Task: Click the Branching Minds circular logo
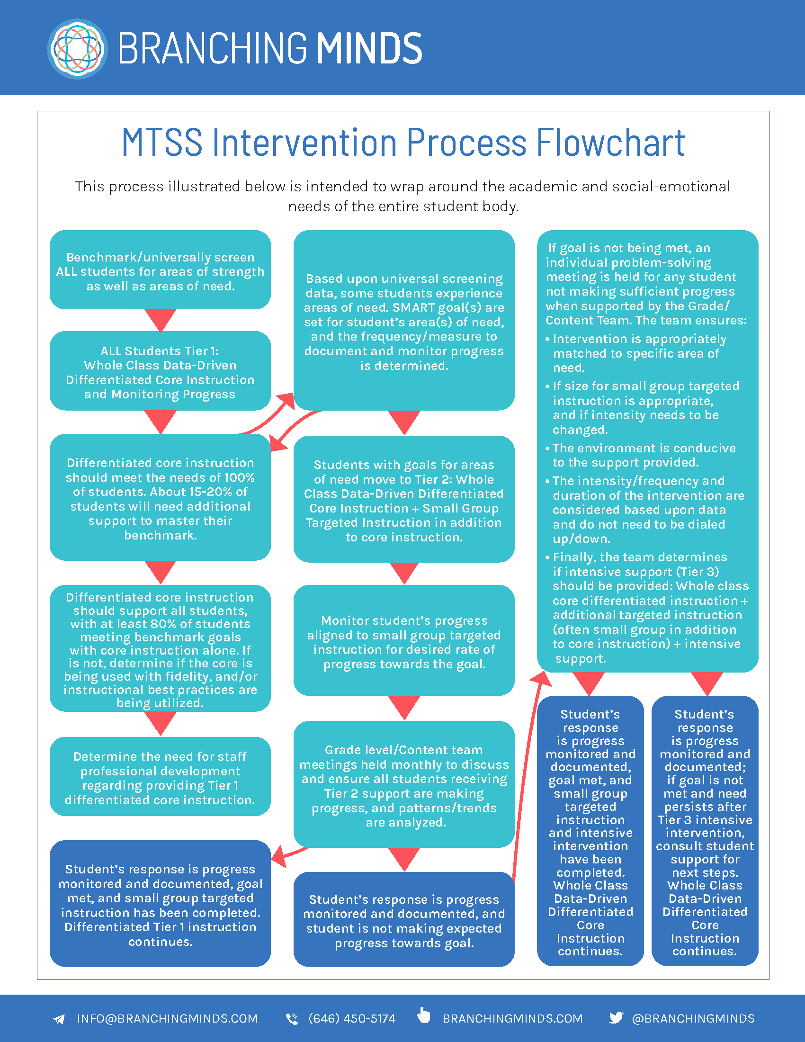(77, 49)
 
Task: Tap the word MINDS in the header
(369, 49)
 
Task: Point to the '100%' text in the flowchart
(240, 477)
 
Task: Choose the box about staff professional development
(160, 777)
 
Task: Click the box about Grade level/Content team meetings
(404, 785)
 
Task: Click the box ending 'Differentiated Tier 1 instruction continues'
(160, 904)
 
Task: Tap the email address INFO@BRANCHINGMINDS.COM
(167, 1019)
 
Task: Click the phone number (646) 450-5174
(352, 1019)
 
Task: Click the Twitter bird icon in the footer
(616, 1018)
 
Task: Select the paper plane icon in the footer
(59, 1019)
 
